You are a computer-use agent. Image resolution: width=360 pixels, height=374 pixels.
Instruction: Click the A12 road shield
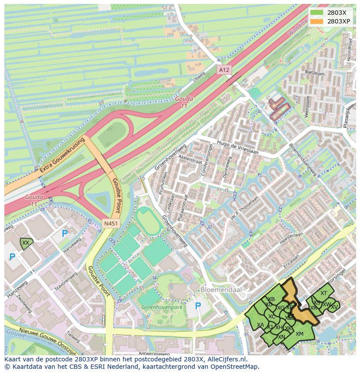[x=223, y=70]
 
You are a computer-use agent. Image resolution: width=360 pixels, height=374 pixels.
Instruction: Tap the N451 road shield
[x=110, y=223]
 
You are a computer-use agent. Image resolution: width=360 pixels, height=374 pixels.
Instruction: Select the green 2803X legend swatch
[x=317, y=13]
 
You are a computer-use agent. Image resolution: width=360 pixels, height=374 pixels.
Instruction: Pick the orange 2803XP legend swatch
[x=317, y=21]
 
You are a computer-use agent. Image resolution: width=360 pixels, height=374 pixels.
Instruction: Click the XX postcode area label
[x=26, y=243]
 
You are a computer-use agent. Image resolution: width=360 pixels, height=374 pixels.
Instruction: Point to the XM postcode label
[x=299, y=334]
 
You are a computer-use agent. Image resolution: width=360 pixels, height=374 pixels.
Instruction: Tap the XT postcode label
[x=323, y=293]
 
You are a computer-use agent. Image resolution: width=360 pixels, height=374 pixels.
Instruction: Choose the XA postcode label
[x=260, y=325]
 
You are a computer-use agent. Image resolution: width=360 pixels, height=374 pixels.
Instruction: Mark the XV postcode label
[x=334, y=307]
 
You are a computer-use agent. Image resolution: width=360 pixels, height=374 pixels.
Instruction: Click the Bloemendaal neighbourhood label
[x=221, y=289]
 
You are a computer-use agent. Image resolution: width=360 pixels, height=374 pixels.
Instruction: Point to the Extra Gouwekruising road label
[x=61, y=156]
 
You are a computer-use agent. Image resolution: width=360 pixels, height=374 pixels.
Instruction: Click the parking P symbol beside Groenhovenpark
[x=198, y=306]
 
